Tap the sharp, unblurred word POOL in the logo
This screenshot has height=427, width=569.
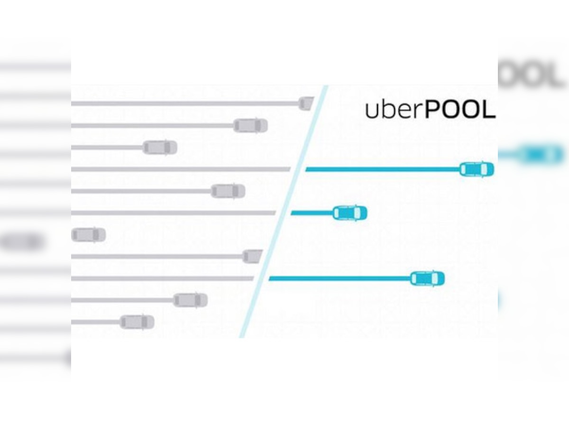click(460, 109)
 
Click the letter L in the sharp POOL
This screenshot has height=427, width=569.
click(488, 109)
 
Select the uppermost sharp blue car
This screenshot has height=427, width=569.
click(477, 169)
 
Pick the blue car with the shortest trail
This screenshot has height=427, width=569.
click(349, 213)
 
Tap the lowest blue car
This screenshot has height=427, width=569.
click(427, 278)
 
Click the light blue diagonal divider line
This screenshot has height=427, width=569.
click(284, 211)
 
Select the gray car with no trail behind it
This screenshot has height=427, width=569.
click(89, 234)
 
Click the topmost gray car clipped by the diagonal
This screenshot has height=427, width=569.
click(306, 103)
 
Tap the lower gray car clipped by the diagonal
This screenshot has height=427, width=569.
click(252, 256)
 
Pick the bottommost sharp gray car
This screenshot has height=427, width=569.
click(137, 322)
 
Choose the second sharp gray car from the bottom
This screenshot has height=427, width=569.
click(190, 300)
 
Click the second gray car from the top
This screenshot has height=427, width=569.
click(250, 126)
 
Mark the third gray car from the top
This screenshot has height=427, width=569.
click(160, 148)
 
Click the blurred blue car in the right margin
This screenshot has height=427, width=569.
click(541, 155)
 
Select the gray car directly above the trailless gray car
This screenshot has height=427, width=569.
click(228, 191)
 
